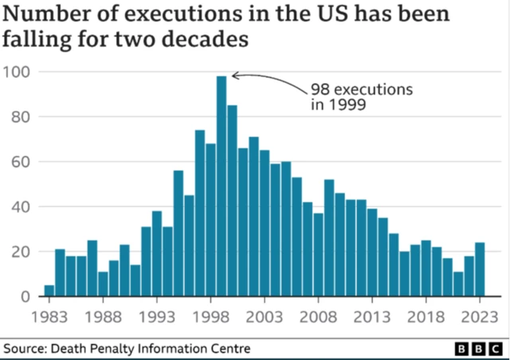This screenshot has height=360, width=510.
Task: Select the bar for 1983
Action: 49,291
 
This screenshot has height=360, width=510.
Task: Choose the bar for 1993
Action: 157,254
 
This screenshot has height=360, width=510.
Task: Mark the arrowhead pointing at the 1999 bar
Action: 232,77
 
